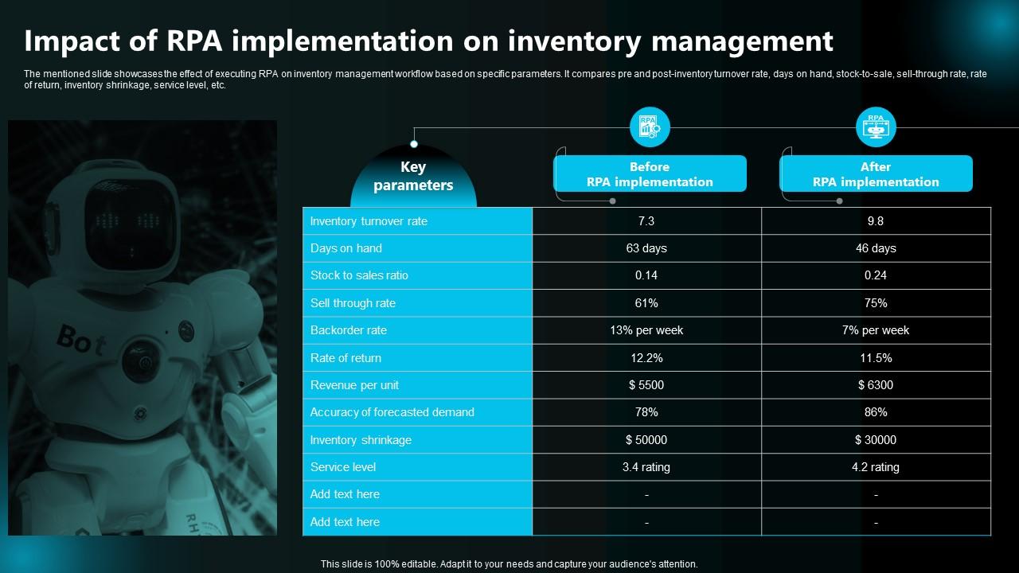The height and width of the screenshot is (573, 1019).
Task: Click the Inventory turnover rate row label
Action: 369,221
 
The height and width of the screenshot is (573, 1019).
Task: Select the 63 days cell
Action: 646,248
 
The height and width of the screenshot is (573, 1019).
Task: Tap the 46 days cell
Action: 876,248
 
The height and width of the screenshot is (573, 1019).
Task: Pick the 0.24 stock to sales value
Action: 876,275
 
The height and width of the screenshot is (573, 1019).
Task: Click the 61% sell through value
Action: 646,303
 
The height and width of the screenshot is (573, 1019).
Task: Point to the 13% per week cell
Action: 646,330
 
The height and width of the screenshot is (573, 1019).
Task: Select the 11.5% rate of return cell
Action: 876,358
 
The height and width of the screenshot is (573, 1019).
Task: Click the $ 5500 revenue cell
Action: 646,385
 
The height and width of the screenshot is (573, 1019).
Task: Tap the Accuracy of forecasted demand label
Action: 392,412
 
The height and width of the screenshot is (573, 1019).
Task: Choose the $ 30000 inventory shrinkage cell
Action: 876,440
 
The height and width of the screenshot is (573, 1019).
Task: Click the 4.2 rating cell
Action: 876,467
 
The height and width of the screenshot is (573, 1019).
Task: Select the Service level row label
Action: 342,467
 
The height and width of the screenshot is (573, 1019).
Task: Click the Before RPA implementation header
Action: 650,174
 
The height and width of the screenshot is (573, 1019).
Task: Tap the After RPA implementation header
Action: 876,174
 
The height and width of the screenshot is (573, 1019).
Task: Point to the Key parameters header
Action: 413,177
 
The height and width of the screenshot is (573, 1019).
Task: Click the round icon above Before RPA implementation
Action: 650,127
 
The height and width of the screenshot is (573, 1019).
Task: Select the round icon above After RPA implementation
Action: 876,127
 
